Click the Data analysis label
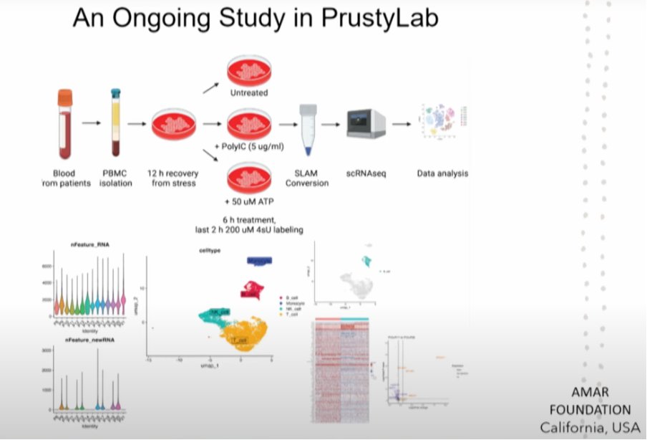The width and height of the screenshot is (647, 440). [442, 174]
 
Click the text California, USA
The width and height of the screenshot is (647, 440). [590, 428]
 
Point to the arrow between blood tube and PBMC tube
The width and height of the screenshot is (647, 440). [90, 123]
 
